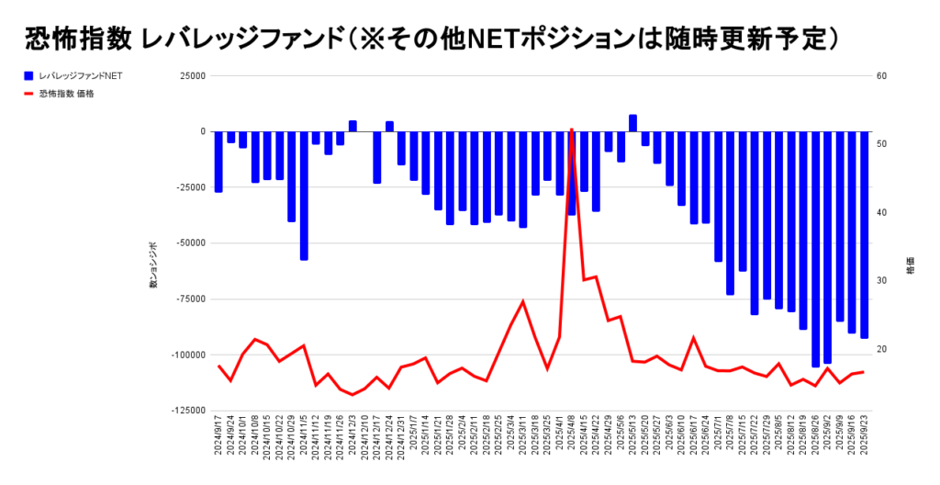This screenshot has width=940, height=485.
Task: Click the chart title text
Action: pos(432,38)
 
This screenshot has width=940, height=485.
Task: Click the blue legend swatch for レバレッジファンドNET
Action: pos(29,76)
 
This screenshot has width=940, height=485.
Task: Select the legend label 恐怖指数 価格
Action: pos(67,93)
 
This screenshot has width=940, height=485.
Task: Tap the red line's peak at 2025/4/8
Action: pos(571,130)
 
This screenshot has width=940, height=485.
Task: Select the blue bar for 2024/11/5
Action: pos(304,195)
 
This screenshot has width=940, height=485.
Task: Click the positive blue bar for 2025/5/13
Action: pos(632,124)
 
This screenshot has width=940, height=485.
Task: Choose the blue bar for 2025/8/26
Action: pos(815,248)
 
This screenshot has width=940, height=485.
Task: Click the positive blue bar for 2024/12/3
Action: pos(352,127)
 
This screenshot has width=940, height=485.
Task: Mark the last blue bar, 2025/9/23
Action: pos(864,234)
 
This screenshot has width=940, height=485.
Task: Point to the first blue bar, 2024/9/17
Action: pos(218,162)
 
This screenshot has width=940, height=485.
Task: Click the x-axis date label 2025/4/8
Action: pos(573,442)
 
